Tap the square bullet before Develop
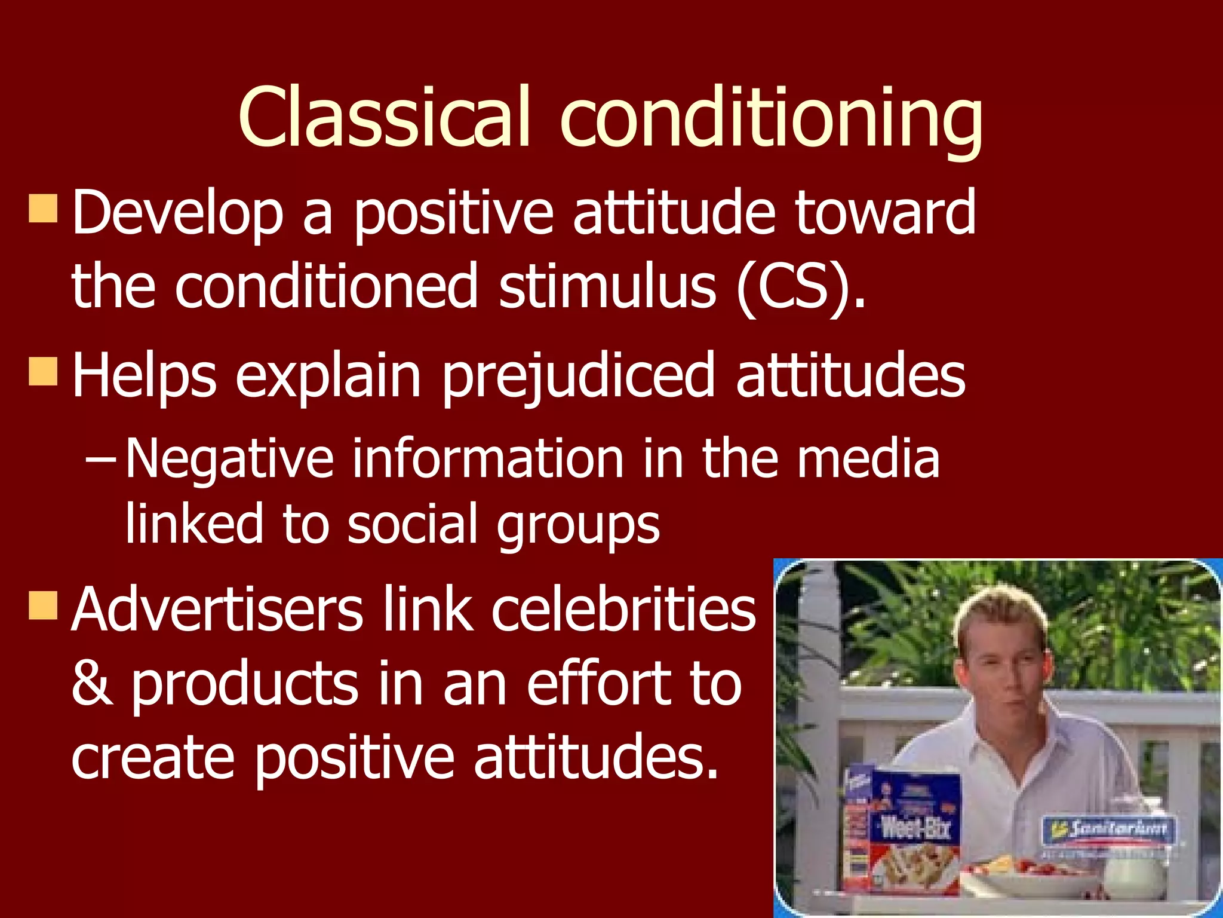click(x=43, y=208)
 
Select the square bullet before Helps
click(x=43, y=371)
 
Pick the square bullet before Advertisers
click(x=43, y=605)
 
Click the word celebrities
click(x=623, y=610)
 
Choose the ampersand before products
click(x=92, y=684)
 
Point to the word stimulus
click(x=607, y=287)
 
